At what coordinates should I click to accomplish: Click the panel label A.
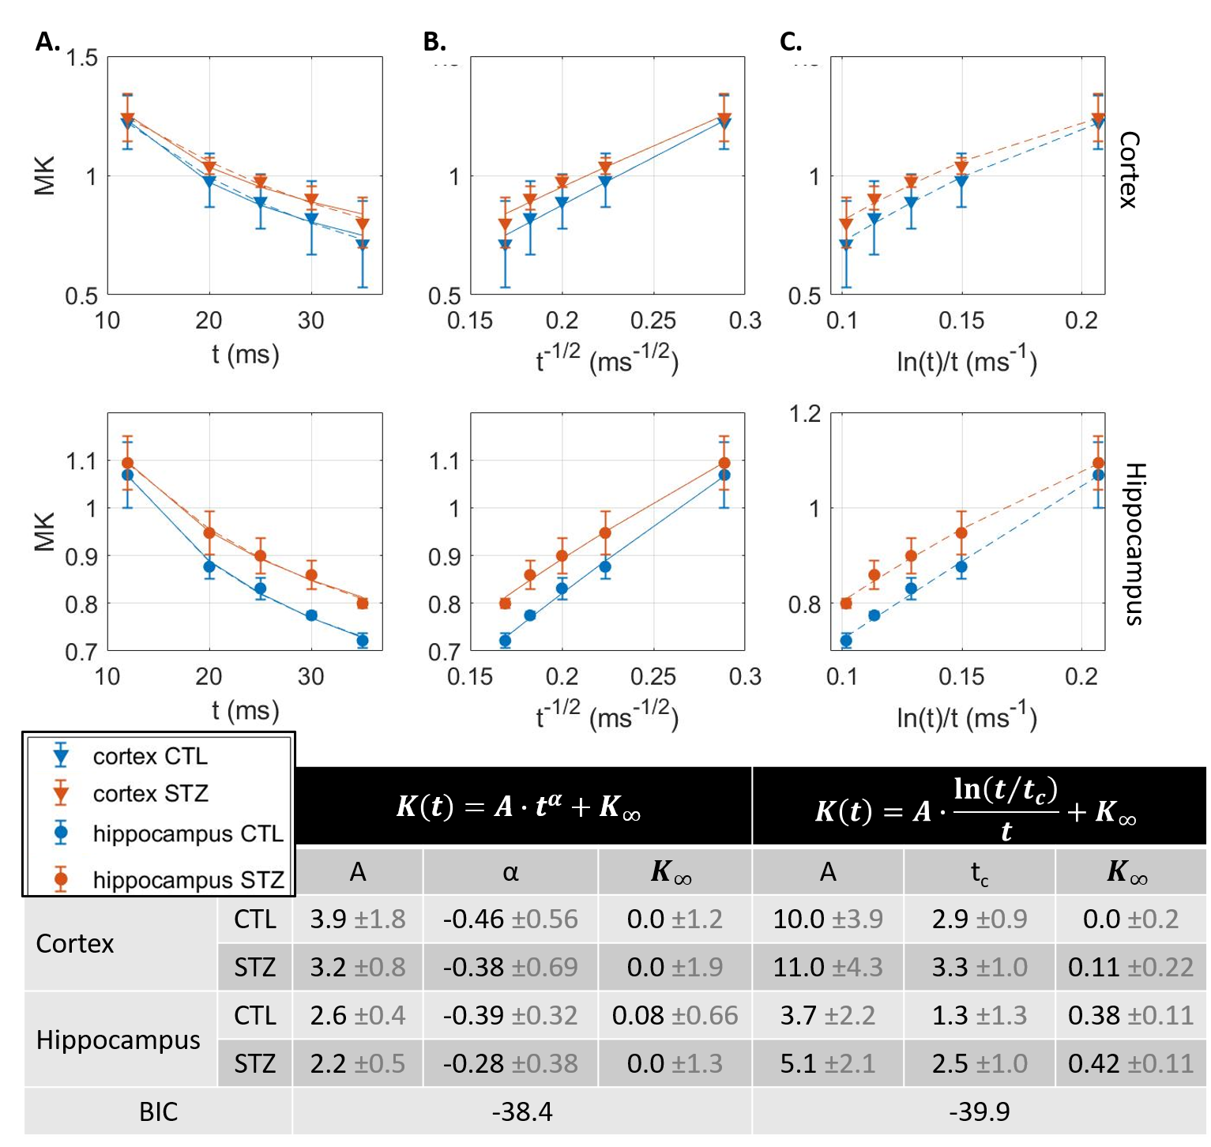point(47,42)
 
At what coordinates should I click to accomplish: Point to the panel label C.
point(791,42)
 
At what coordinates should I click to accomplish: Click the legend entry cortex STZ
point(150,793)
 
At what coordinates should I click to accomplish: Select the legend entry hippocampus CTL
point(187,833)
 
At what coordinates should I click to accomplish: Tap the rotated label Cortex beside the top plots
point(1129,170)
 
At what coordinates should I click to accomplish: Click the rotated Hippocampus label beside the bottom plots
point(1134,544)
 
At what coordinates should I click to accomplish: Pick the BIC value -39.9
point(980,1111)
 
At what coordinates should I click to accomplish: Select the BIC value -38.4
point(522,1111)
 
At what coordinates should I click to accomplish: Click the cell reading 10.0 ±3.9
point(827,919)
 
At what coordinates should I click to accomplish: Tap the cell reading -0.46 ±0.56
point(510,919)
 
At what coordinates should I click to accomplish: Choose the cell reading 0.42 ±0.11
point(1130,1063)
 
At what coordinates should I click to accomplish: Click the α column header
point(510,872)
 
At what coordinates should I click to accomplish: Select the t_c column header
point(980,872)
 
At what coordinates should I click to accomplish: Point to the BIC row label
point(158,1111)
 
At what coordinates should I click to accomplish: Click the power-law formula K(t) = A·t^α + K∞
point(518,807)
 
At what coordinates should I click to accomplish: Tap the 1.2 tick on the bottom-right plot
point(805,414)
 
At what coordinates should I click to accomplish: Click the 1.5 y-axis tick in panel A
point(81,58)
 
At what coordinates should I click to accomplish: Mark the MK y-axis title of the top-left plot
point(45,175)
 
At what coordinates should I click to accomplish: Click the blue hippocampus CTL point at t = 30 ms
point(311,615)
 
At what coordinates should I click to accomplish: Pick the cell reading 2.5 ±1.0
point(980,1063)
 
